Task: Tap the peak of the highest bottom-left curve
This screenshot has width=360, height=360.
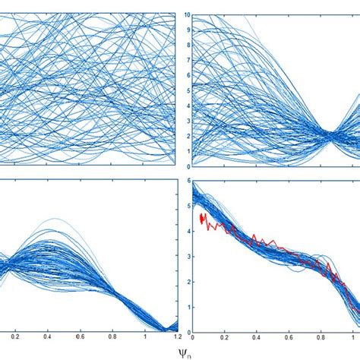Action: pyautogui.click(x=53, y=219)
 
